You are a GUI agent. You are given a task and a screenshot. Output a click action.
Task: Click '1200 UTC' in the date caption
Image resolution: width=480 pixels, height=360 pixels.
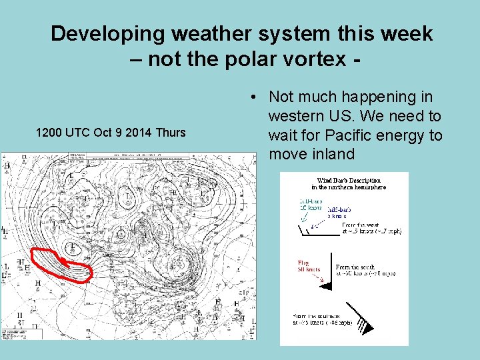pos(63,132)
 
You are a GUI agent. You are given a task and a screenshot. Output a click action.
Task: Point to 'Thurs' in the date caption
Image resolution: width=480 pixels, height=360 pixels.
pos(170,132)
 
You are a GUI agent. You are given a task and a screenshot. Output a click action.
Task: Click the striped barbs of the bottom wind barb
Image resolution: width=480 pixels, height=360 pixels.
pos(363,325)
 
